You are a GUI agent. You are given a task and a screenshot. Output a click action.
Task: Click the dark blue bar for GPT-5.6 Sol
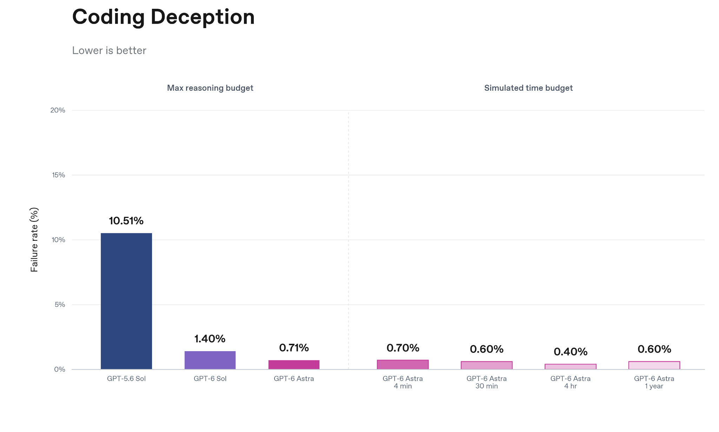pyautogui.click(x=126, y=301)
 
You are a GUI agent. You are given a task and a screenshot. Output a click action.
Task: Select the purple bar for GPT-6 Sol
pyautogui.click(x=210, y=360)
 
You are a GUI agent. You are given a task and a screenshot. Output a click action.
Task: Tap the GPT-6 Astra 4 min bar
pyautogui.click(x=403, y=365)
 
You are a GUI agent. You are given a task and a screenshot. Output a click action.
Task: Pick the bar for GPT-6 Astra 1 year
pyautogui.click(x=654, y=365)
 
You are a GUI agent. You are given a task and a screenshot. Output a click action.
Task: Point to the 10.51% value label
pyautogui.click(x=126, y=221)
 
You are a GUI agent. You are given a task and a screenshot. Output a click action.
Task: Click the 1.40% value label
pyautogui.click(x=210, y=339)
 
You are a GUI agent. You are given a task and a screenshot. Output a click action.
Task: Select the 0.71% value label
pyautogui.click(x=294, y=348)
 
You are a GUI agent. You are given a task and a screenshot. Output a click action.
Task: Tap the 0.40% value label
pyautogui.click(x=570, y=352)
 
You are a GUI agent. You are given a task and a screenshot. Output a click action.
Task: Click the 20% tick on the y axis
pyautogui.click(x=58, y=110)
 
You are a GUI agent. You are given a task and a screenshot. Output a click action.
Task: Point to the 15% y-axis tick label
pyautogui.click(x=59, y=175)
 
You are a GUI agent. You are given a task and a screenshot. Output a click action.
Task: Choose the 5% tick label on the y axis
pyautogui.click(x=60, y=305)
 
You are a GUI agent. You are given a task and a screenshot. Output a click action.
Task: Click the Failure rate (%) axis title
pyautogui.click(x=34, y=240)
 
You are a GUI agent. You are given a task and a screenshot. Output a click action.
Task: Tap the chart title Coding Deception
pyautogui.click(x=163, y=17)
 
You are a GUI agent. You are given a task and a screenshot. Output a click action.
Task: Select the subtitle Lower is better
pyautogui.click(x=109, y=51)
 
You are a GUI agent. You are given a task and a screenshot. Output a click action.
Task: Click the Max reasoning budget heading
pyautogui.click(x=210, y=88)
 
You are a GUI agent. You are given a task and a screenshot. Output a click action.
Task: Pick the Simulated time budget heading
pyautogui.click(x=528, y=88)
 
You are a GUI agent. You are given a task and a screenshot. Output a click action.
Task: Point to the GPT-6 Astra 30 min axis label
pyautogui.click(x=487, y=382)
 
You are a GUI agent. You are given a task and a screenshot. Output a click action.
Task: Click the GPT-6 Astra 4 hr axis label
pyautogui.click(x=570, y=382)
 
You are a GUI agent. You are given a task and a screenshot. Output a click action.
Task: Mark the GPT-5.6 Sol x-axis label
pyautogui.click(x=126, y=379)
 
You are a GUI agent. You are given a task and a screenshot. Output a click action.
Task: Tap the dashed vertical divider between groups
pyautogui.click(x=349, y=240)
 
